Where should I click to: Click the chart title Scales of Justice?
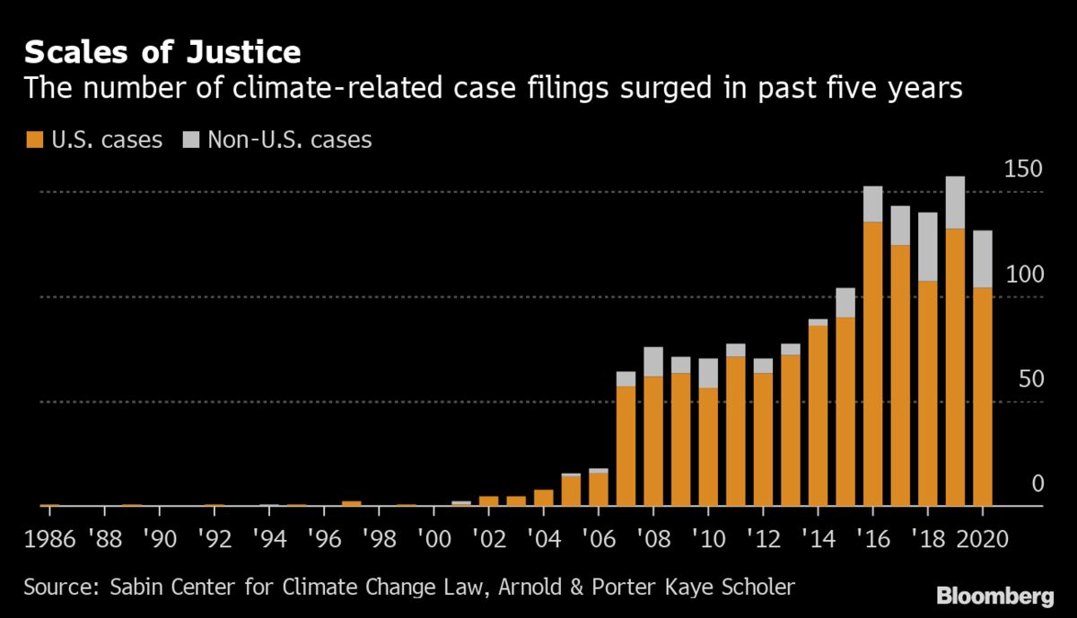pyautogui.click(x=162, y=52)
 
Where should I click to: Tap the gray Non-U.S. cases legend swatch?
pyautogui.click(x=190, y=140)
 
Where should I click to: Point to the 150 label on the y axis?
pyautogui.click(x=1024, y=170)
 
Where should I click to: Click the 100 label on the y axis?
pyautogui.click(x=1024, y=274)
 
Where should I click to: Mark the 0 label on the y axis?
pyautogui.click(x=1038, y=484)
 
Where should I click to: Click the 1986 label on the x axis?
pyautogui.click(x=50, y=540)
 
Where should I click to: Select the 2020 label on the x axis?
pyautogui.click(x=982, y=540)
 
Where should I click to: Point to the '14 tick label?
pyautogui.click(x=818, y=540)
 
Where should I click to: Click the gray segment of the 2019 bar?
pyautogui.click(x=955, y=203)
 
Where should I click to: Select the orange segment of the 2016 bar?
pyautogui.click(x=872, y=363)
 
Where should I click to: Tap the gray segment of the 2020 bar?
pyautogui.click(x=982, y=259)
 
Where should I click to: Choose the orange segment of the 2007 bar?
pyautogui.click(x=626, y=446)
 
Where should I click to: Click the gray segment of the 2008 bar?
pyautogui.click(x=652, y=361)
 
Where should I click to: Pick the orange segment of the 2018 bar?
pyautogui.click(x=927, y=393)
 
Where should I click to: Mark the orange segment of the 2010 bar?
pyautogui.click(x=708, y=447)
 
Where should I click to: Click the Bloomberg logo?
pyautogui.click(x=995, y=596)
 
